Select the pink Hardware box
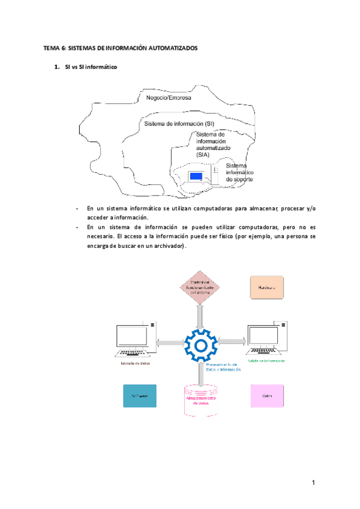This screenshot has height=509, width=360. [266, 287]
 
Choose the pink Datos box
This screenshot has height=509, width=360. [266, 397]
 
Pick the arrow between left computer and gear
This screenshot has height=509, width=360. [170, 343]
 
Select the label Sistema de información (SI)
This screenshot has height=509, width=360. [179, 124]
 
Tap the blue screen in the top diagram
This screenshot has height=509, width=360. [196, 176]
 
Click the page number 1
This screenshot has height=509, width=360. [313, 483]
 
